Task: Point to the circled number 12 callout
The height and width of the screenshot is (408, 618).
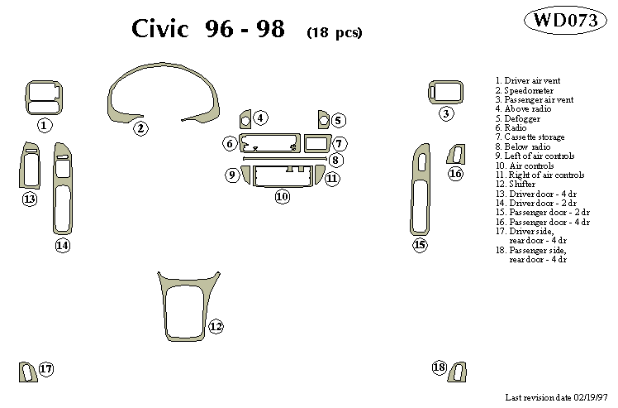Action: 216,326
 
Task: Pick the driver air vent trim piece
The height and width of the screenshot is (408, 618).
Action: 44,97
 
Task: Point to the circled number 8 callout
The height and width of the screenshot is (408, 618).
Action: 335,159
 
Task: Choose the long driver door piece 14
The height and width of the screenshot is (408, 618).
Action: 61,190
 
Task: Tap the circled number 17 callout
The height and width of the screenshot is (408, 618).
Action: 46,369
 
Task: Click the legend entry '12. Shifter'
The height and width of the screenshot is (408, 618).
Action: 519,185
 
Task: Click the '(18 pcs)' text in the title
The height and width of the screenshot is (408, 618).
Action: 334,33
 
